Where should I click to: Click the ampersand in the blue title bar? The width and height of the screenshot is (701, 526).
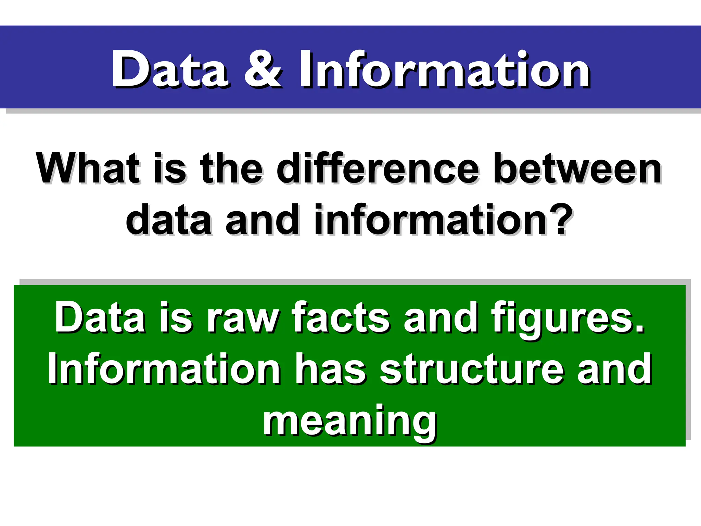263,69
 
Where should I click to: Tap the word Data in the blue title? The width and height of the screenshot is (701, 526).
169,69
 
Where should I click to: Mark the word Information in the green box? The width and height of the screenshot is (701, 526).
164,368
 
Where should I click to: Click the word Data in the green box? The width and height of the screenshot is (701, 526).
100,317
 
